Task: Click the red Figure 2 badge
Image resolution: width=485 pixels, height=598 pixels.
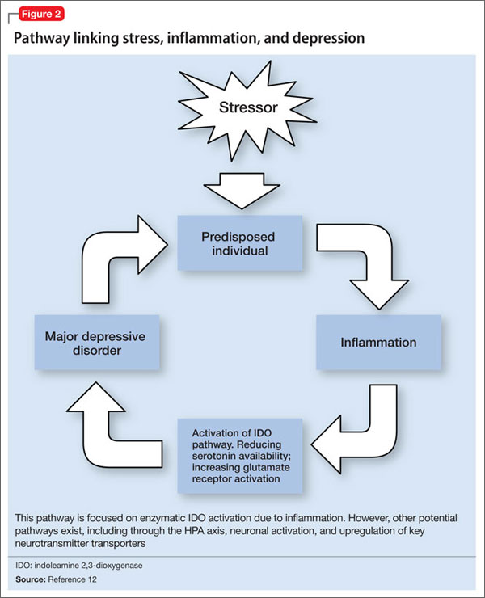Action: click(41, 14)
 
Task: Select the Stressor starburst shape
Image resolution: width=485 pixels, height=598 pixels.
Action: click(247, 109)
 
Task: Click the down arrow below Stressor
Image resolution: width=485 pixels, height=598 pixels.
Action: click(242, 191)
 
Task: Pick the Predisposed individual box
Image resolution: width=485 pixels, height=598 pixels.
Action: click(240, 243)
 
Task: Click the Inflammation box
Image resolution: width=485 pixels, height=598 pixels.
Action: click(378, 343)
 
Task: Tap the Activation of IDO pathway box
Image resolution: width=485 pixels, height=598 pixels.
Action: click(240, 456)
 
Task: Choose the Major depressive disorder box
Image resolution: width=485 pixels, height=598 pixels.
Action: click(97, 343)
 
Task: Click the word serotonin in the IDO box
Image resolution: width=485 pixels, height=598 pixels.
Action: click(213, 456)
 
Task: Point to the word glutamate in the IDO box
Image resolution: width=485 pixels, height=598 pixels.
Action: click(269, 468)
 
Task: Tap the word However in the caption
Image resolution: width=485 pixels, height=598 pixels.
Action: click(369, 518)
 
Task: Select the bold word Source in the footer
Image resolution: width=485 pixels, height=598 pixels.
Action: click(31, 579)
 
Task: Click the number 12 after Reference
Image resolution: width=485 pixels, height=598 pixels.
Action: click(92, 579)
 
